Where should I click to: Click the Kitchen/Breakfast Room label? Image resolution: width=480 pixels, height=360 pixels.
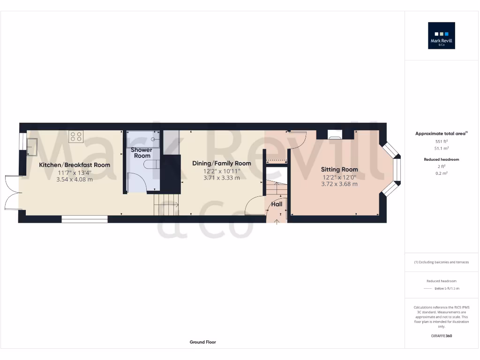coord(75,165)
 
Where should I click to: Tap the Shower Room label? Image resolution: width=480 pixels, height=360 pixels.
coord(141,153)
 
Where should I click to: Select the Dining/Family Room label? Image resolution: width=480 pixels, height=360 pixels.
coord(222,164)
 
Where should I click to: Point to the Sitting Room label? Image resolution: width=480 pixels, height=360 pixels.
coord(339,170)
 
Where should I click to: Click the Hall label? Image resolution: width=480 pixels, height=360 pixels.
coord(277,204)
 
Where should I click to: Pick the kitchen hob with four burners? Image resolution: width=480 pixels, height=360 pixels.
coord(76,136)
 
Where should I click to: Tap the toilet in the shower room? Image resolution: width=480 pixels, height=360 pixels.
coord(153,164)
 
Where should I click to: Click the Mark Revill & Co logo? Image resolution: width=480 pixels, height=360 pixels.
coord(441,36)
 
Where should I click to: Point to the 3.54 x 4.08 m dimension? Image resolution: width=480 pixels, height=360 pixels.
coord(75,179)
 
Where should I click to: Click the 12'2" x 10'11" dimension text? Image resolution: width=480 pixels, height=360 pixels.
coord(222,171)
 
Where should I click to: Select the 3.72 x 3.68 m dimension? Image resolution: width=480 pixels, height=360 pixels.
coord(339,184)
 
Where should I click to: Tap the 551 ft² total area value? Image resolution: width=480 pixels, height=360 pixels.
coord(441,141)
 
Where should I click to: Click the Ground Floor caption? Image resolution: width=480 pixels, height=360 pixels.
coord(203,342)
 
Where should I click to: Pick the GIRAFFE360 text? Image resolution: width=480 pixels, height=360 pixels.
coord(441,336)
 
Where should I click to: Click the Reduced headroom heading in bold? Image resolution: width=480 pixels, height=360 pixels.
coord(441,159)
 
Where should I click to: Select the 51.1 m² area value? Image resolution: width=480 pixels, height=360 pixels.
coord(441,148)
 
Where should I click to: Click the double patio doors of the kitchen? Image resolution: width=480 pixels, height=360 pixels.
coord(11,192)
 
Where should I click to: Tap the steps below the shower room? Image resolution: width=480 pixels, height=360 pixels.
coord(166,205)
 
